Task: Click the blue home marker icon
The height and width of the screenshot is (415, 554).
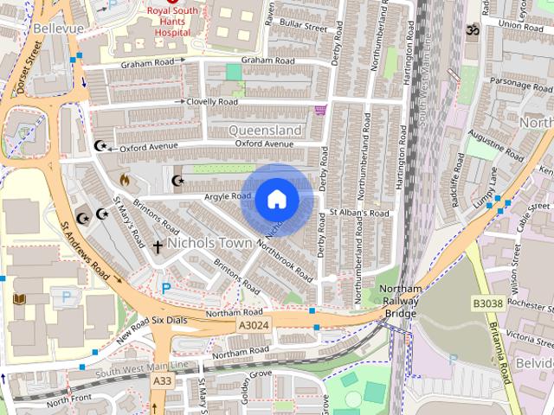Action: tap(277, 199)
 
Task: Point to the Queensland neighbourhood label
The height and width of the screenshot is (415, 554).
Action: tap(266, 130)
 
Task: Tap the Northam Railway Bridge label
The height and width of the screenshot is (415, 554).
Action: tap(401, 300)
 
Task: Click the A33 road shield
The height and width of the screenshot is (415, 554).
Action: tap(162, 380)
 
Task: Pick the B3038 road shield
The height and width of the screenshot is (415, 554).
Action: tap(487, 303)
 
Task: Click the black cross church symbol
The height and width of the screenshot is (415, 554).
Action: tap(158, 247)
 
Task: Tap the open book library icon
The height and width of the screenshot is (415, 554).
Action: tap(19, 298)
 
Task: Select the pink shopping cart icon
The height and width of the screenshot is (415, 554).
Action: tap(320, 110)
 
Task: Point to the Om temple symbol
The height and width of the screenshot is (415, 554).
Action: tap(473, 30)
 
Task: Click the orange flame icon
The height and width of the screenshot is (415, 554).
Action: tap(125, 181)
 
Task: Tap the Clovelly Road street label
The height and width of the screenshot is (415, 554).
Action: tap(214, 101)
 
